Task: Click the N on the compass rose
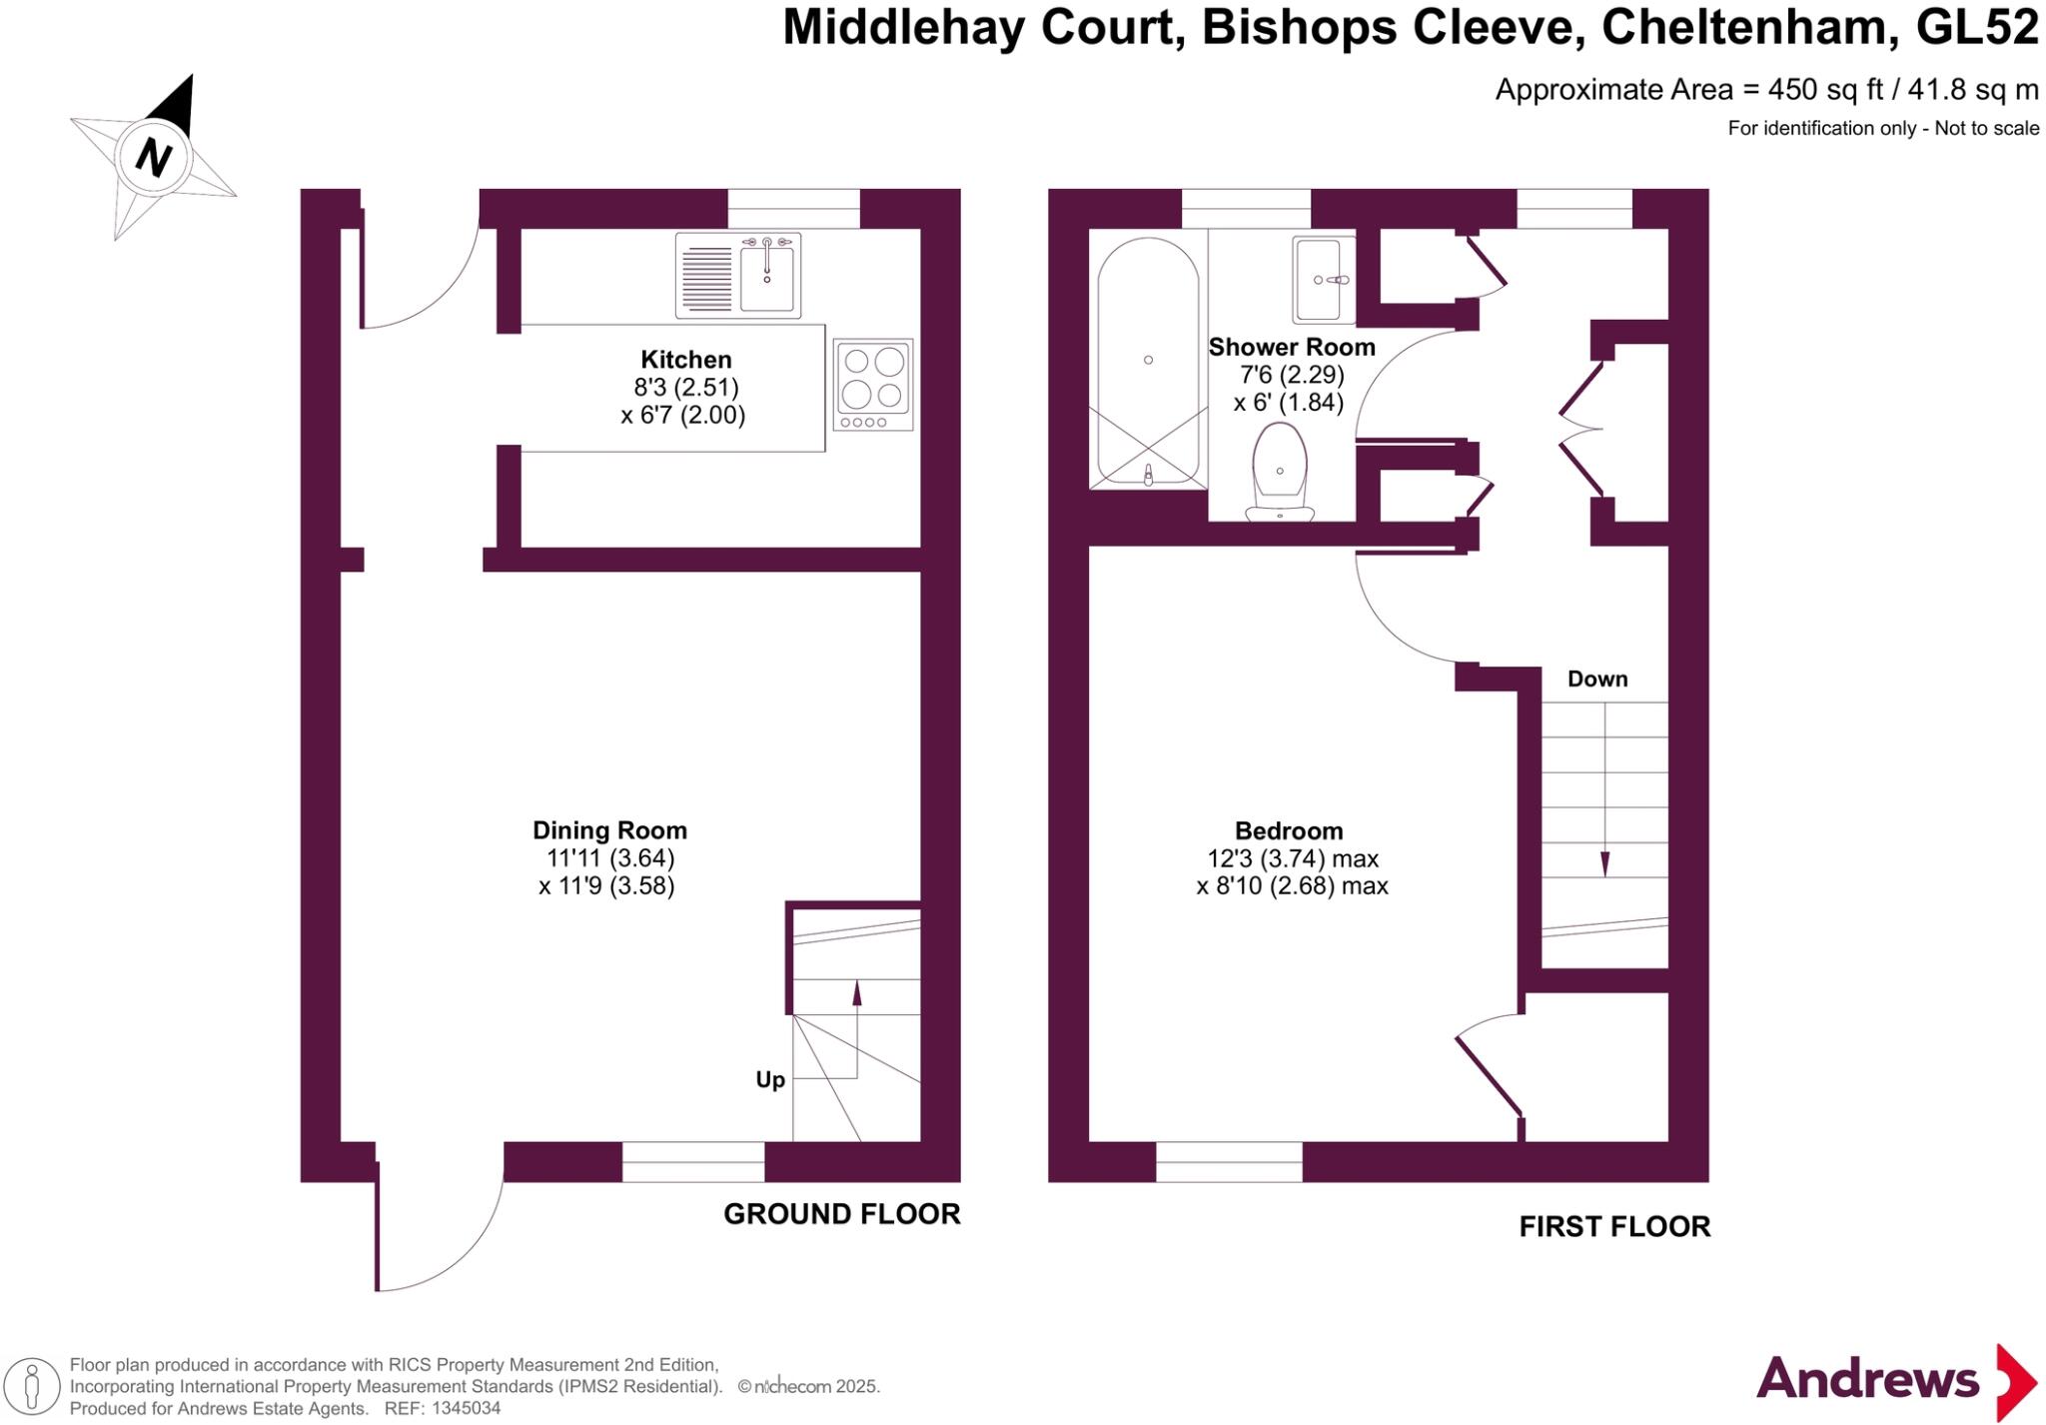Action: click(x=153, y=158)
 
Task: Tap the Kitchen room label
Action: click(x=685, y=360)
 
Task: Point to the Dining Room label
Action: click(x=609, y=830)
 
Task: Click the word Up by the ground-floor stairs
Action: click(x=770, y=1080)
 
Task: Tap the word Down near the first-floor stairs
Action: click(x=1597, y=680)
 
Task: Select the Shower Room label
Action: click(x=1292, y=348)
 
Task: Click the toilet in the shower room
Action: click(x=1280, y=472)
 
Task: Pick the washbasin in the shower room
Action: click(x=1324, y=280)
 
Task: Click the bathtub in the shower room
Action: click(x=1148, y=360)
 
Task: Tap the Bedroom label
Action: click(x=1289, y=831)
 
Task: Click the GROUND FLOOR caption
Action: click(x=841, y=1214)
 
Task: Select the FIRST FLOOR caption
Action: click(x=1614, y=1227)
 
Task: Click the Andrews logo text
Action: click(x=1867, y=1380)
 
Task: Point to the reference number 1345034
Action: click(x=464, y=1409)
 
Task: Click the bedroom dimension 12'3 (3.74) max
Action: click(x=1293, y=858)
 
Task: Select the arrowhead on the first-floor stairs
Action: click(x=1605, y=864)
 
